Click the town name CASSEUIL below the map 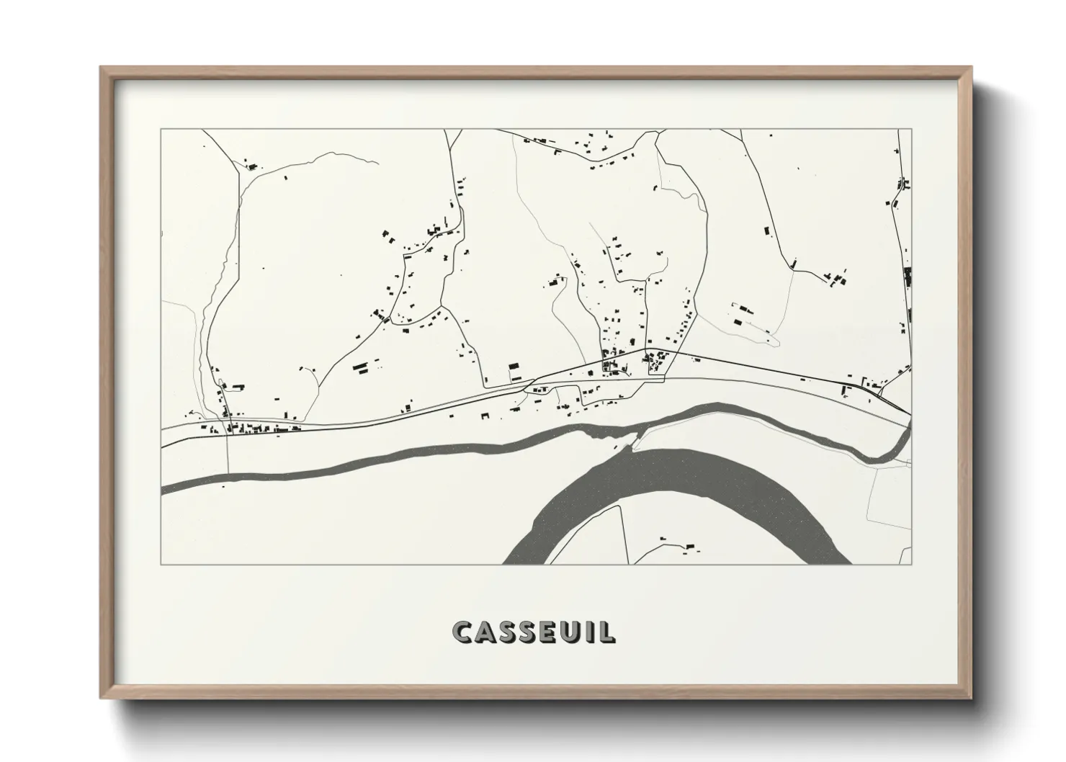pos(534,632)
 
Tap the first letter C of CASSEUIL pos(462,632)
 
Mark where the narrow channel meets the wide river pos(634,441)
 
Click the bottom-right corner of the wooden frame pos(970,698)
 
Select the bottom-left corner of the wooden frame pos(102,698)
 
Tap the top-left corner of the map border pos(161,130)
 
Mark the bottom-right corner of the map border pos(911,564)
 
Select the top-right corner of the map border pos(911,130)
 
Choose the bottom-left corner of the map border pos(161,564)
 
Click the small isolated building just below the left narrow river pos(223,486)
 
